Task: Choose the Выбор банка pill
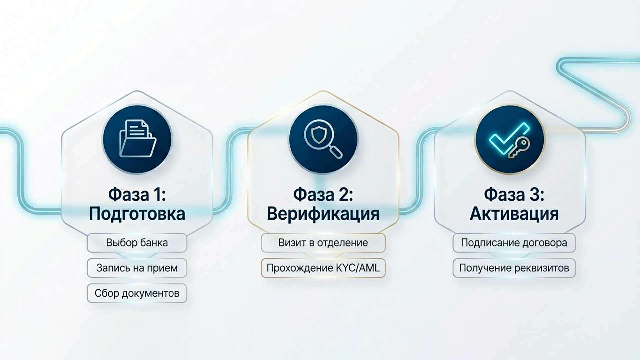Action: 137,243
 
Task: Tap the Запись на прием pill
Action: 137,268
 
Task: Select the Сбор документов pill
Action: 137,293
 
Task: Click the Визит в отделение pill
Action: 323,243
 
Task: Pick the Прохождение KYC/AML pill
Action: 323,268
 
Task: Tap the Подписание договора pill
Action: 514,243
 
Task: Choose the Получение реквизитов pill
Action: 514,268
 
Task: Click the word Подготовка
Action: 137,214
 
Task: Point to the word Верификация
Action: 323,214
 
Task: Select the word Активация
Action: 514,214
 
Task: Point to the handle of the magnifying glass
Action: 336,152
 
